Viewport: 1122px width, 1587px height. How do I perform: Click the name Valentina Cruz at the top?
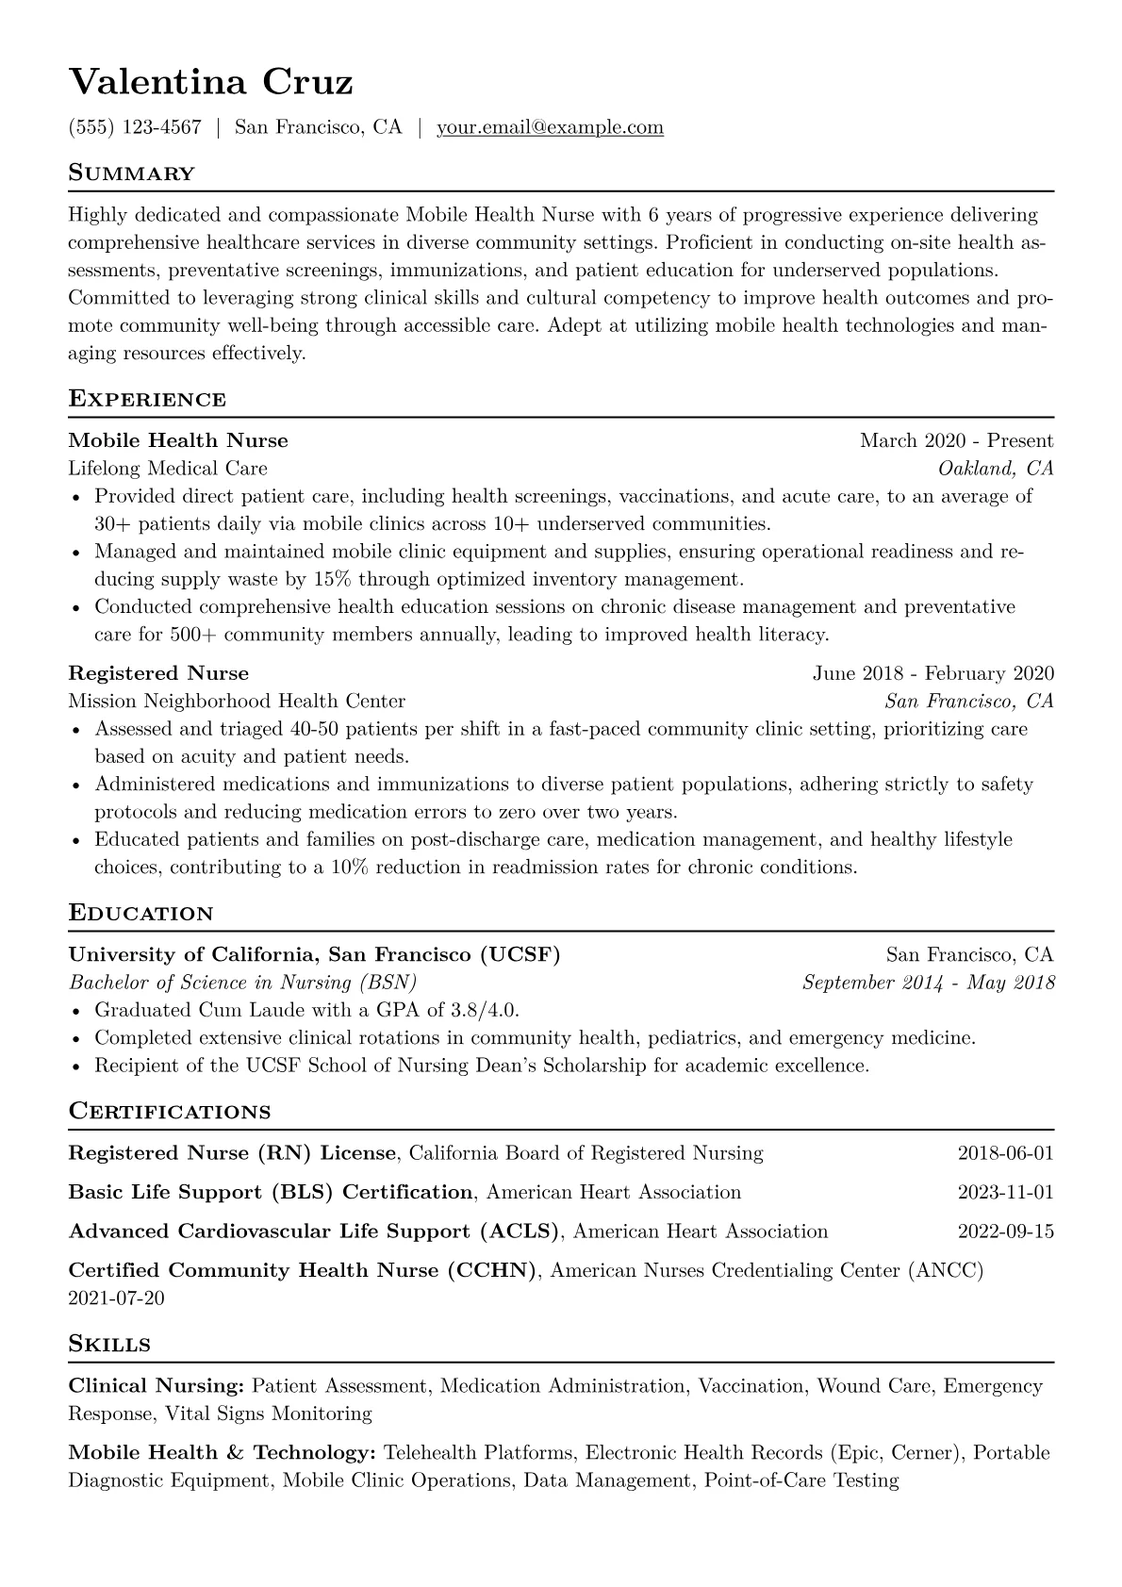coord(210,83)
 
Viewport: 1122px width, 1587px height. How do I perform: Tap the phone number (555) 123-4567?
coord(135,127)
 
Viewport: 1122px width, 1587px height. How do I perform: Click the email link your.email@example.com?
coord(550,127)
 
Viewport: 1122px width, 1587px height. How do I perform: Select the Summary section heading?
coord(132,174)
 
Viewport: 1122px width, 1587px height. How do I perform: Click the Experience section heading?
coord(147,399)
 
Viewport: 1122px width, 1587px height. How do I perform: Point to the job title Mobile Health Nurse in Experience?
coord(178,440)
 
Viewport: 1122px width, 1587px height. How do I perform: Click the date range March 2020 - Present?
coord(956,440)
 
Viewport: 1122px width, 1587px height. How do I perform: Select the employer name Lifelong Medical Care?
coord(168,469)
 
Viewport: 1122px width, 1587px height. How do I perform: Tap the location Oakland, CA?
coord(996,469)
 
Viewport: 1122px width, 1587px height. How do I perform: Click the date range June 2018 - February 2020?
coord(932,673)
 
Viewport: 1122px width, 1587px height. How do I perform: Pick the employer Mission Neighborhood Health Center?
coord(237,702)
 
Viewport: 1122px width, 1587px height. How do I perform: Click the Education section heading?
coord(141,913)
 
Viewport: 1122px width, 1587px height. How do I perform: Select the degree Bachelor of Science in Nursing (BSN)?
coord(242,983)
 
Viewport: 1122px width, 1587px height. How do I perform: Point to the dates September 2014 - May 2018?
coord(928,983)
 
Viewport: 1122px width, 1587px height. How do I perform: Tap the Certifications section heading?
coord(170,1111)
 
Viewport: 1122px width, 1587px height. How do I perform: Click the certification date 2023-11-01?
coord(1005,1192)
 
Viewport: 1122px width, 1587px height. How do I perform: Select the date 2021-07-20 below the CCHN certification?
coord(116,1298)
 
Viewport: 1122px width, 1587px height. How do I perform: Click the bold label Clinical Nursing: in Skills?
coord(157,1386)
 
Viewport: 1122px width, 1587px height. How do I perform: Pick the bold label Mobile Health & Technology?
coord(223,1453)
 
